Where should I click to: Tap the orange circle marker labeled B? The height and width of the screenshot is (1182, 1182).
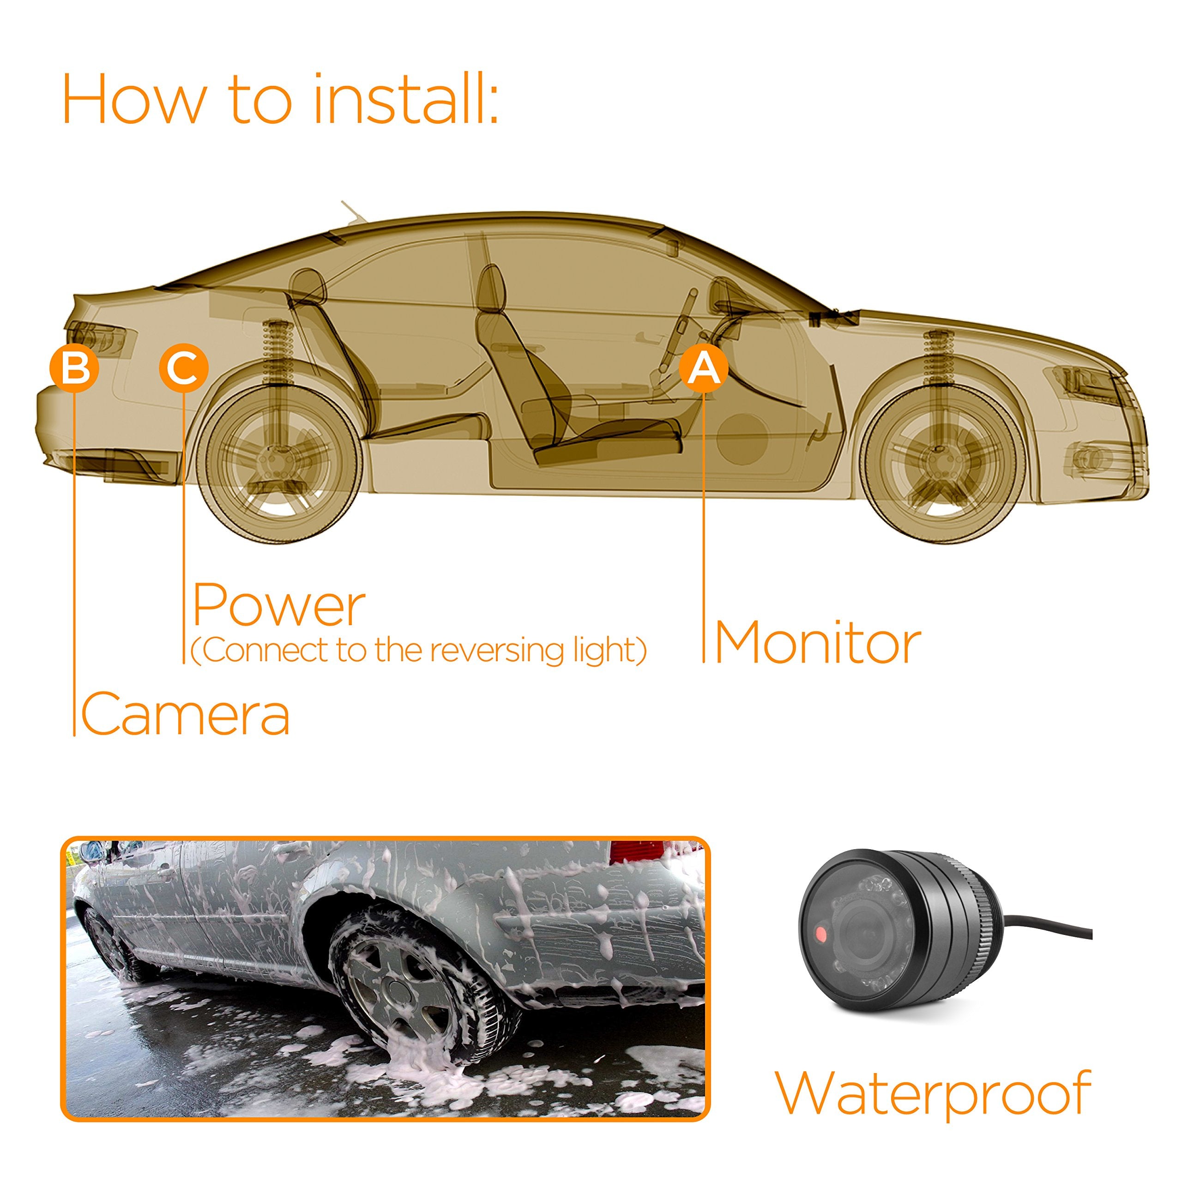74,368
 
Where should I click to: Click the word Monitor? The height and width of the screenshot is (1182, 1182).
817,643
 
